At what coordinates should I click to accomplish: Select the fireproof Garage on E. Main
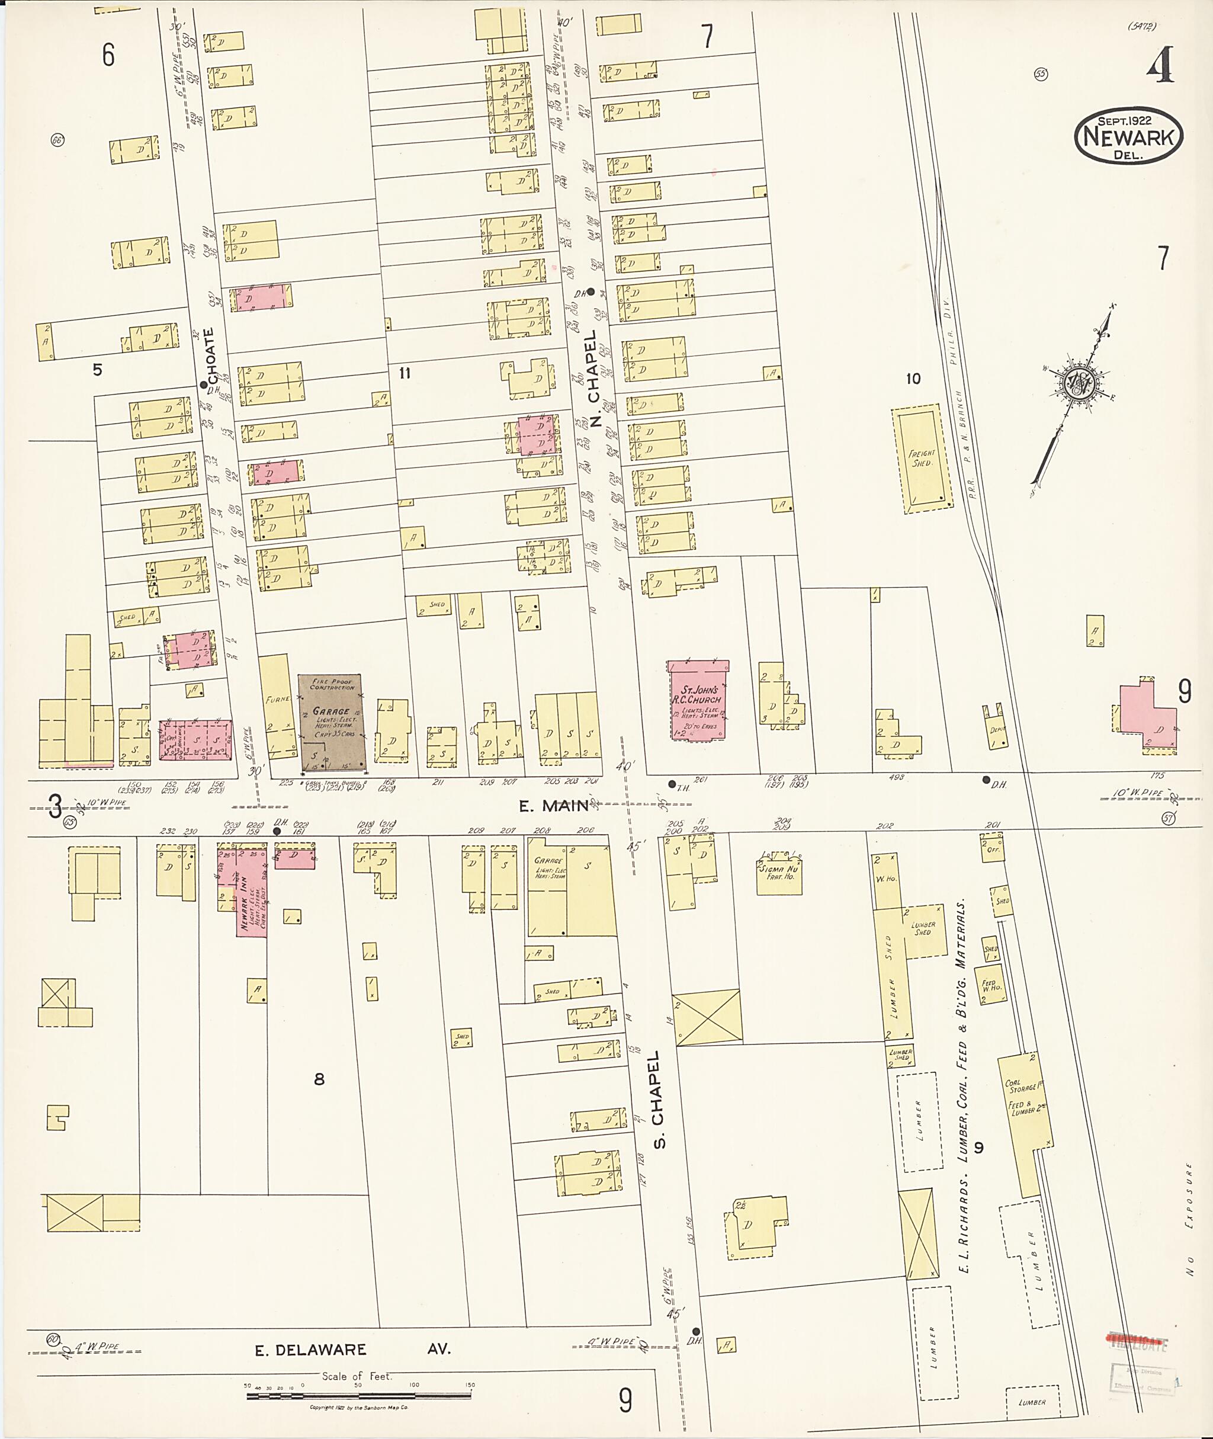pyautogui.click(x=332, y=722)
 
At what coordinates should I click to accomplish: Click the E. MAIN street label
pyautogui.click(x=554, y=806)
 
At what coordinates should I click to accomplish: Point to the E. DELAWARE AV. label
pyautogui.click(x=353, y=1349)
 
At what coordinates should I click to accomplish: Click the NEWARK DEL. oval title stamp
pyautogui.click(x=1128, y=136)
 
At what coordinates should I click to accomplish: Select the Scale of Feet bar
pyautogui.click(x=358, y=1395)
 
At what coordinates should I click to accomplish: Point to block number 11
pyautogui.click(x=405, y=373)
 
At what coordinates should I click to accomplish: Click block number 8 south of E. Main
pyautogui.click(x=319, y=1079)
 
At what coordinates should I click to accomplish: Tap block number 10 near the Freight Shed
pyautogui.click(x=913, y=379)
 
